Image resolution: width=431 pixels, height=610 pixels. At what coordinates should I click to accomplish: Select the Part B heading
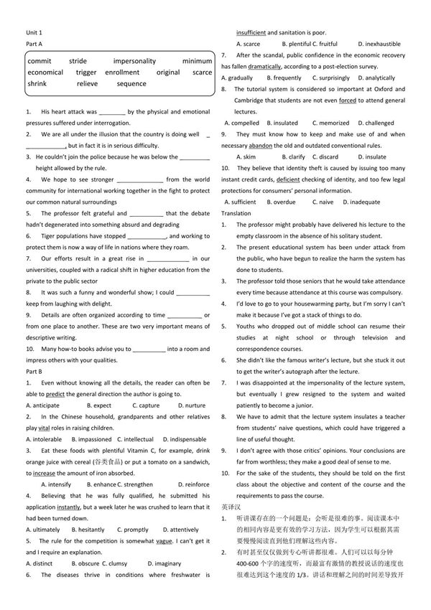coord(34,371)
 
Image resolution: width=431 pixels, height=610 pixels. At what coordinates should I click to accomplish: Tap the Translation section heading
coord(236,213)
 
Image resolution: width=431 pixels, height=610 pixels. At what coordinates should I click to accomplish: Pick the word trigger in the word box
coord(86,72)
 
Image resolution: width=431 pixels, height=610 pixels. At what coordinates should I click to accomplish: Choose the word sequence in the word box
coord(131,84)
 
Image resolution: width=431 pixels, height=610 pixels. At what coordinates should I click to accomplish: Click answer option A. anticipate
coord(43,405)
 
